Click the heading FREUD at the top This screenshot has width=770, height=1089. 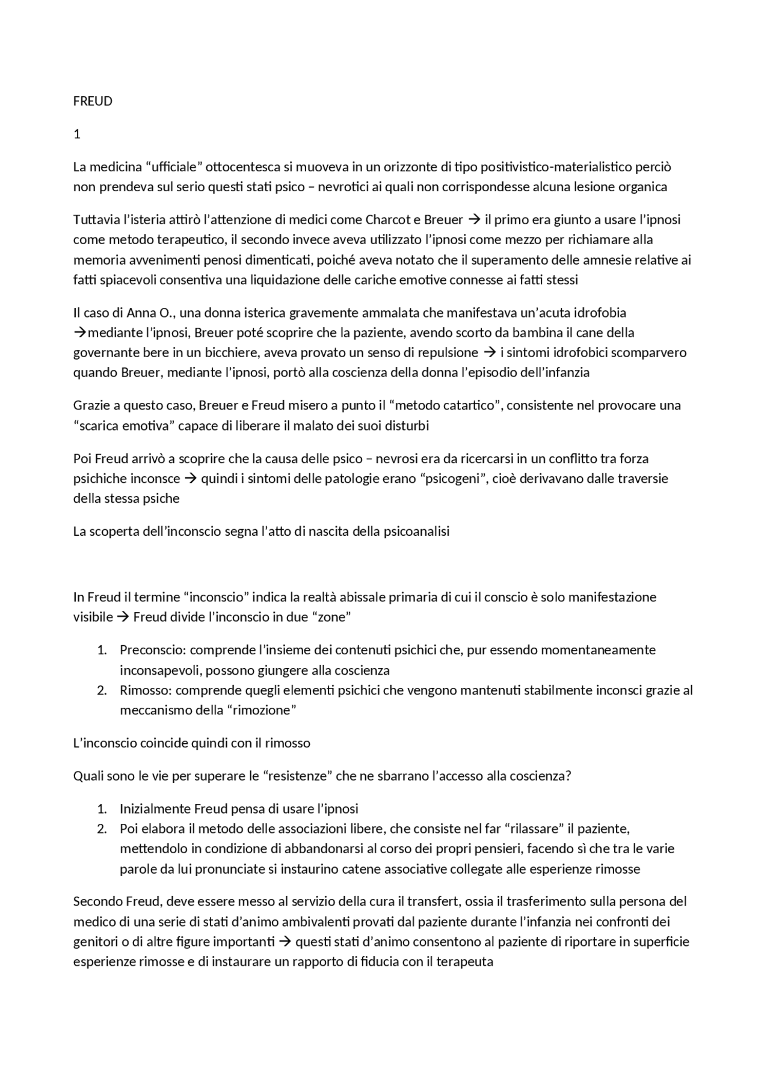coord(93,101)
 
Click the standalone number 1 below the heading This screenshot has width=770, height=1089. coord(76,134)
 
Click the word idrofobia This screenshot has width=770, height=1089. coord(599,313)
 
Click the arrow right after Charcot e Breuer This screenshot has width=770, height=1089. coord(473,219)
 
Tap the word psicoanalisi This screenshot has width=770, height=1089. coord(416,532)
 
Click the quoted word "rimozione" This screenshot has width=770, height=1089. coord(261,710)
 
